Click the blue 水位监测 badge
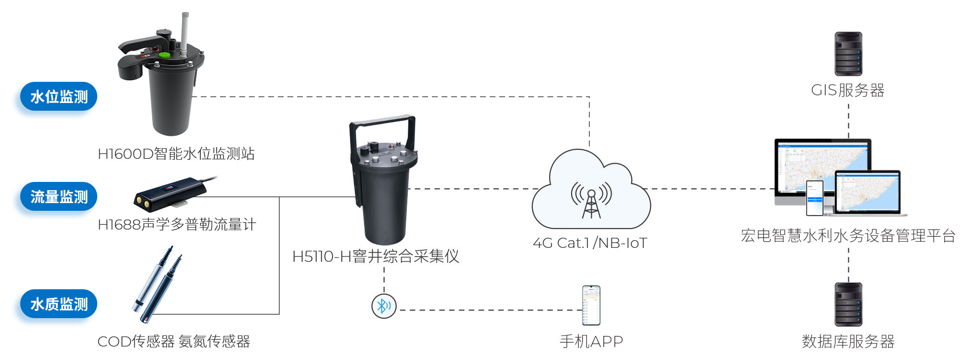tap(59, 97)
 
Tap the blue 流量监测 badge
tap(59, 197)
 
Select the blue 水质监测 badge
tap(59, 304)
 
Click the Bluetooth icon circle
tap(384, 306)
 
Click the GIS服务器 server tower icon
tap(848, 54)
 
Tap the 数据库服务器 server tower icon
tap(848, 304)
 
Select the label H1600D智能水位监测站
tap(176, 154)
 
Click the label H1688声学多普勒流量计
tap(177, 225)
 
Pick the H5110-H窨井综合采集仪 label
tap(376, 257)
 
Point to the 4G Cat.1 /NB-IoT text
tap(590, 243)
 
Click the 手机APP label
tap(591, 342)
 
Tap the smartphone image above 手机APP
tap(591, 305)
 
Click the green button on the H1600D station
tap(165, 54)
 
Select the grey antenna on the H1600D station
tap(184, 31)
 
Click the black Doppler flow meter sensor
tap(169, 193)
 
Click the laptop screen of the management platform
tap(868, 192)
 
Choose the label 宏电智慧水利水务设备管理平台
tap(848, 236)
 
